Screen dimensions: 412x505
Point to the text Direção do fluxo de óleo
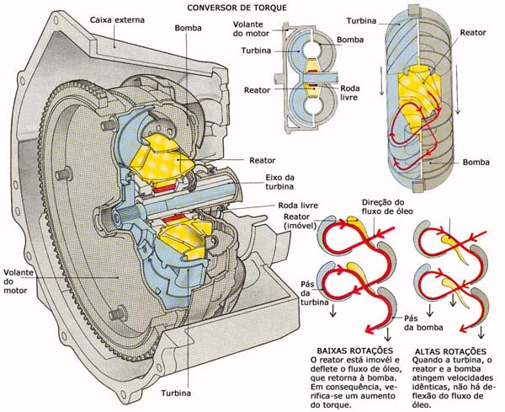click(x=388, y=209)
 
